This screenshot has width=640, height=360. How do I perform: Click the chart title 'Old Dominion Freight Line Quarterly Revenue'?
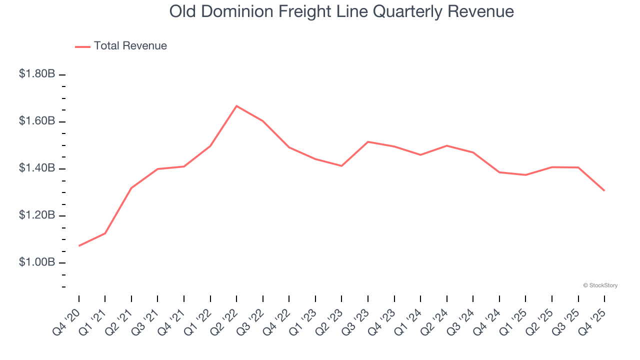pos(341,11)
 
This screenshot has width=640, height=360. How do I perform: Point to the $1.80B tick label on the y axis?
pos(37,74)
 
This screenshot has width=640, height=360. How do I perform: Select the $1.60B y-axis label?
pos(37,121)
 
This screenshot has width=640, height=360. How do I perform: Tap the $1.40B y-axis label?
pos(37,168)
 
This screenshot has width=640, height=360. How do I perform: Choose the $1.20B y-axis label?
pos(37,215)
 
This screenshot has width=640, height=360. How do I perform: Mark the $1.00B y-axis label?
pos(37,262)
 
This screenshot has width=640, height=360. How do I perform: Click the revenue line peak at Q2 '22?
pos(236,106)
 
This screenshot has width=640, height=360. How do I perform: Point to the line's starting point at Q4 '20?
pos(79,245)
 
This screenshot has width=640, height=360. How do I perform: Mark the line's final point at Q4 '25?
pos(604,190)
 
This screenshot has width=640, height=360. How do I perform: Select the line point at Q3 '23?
pos(368,142)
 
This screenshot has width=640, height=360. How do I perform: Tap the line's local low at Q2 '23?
pos(341,165)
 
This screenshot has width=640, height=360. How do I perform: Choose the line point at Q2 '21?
pos(131,188)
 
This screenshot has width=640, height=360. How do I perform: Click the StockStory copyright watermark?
pos(600,285)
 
